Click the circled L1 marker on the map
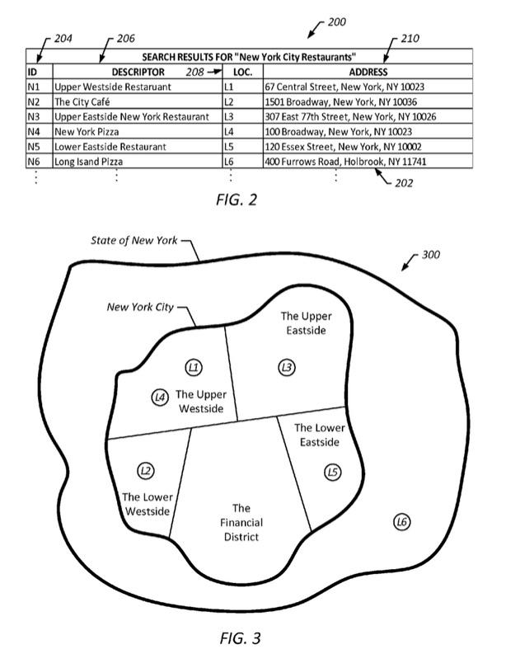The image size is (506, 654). pyautogui.click(x=194, y=368)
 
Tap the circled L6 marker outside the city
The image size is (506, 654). pyautogui.click(x=402, y=522)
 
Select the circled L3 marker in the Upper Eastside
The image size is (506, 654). pyautogui.click(x=287, y=368)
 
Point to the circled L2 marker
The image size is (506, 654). pyautogui.click(x=146, y=471)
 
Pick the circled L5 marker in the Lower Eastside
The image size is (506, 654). pyautogui.click(x=333, y=472)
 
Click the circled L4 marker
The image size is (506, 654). pyautogui.click(x=160, y=398)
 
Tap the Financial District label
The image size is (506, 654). pyautogui.click(x=241, y=522)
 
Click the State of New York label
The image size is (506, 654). pyautogui.click(x=134, y=240)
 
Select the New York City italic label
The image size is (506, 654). pyautogui.click(x=140, y=307)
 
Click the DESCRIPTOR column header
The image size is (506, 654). pyautogui.click(x=138, y=72)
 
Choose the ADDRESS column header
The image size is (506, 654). pyautogui.click(x=368, y=72)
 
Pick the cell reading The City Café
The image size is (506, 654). pyautogui.click(x=82, y=101)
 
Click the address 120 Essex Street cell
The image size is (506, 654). pyautogui.click(x=343, y=147)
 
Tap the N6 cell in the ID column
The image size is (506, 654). pyautogui.click(x=33, y=162)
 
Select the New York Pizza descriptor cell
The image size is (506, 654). pyautogui.click(x=87, y=132)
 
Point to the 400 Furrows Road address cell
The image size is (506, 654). pyautogui.click(x=345, y=162)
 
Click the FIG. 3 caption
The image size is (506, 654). pyautogui.click(x=240, y=638)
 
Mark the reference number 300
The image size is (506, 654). pyautogui.click(x=430, y=255)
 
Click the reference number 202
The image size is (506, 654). pyautogui.click(x=404, y=183)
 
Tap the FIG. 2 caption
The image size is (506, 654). pyautogui.click(x=237, y=200)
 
